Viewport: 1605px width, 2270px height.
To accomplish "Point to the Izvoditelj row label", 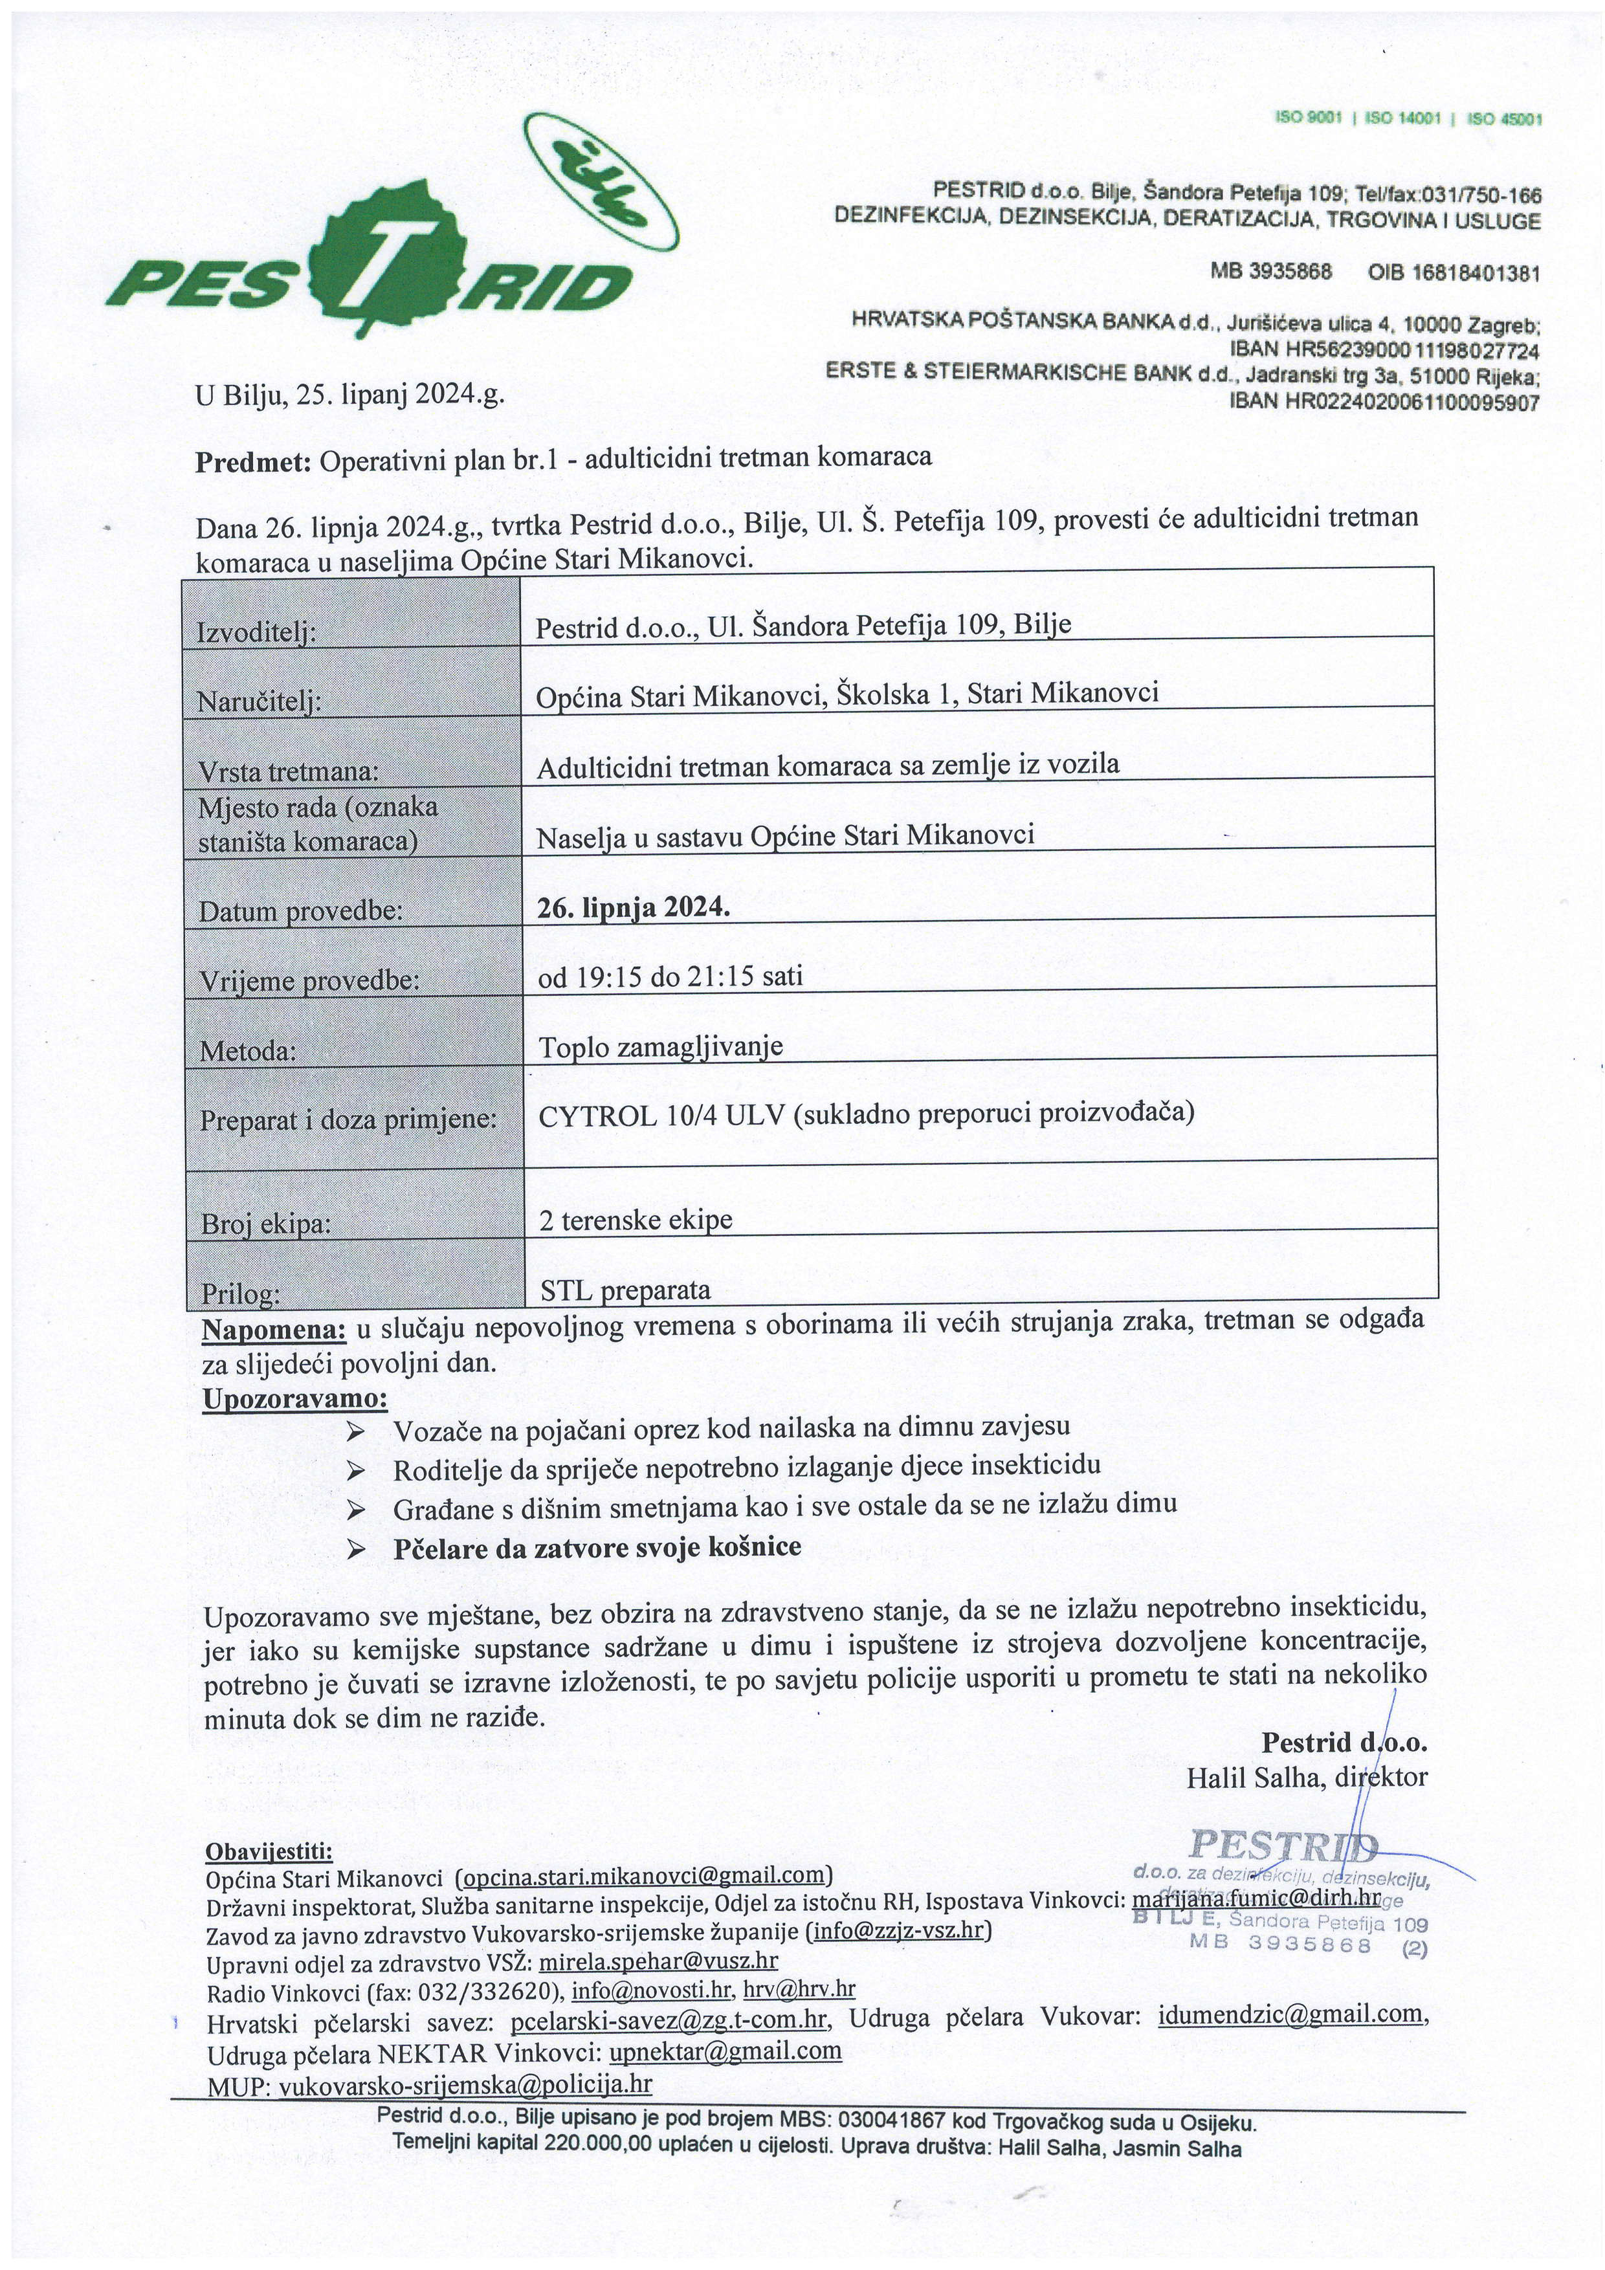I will pyautogui.click(x=257, y=631).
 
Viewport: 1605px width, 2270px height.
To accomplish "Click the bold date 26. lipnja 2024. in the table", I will pyautogui.click(x=633, y=907).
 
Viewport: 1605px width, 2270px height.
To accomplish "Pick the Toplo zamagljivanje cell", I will pyautogui.click(x=661, y=1046).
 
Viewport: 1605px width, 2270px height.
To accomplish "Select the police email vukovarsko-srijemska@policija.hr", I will pyautogui.click(x=465, y=2085).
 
